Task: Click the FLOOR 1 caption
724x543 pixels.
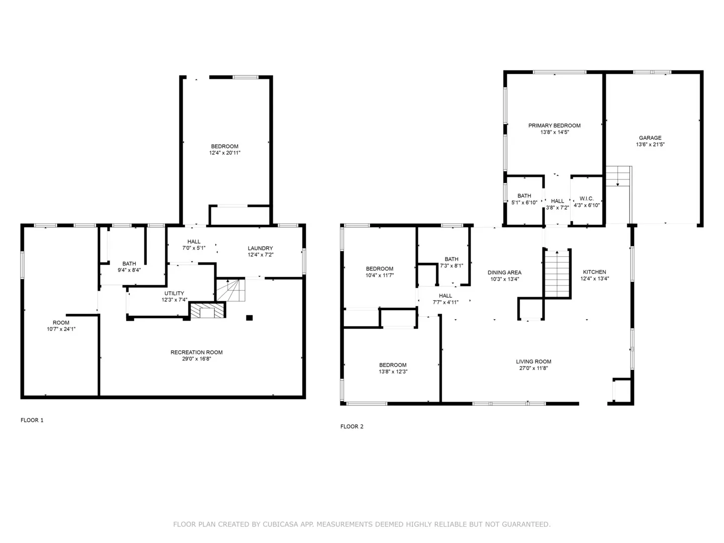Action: (32, 420)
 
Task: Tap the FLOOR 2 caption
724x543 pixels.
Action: (352, 426)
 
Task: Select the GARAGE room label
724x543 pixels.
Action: (650, 138)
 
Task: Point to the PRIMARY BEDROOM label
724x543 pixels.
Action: (555, 126)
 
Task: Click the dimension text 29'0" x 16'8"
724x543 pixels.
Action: (197, 358)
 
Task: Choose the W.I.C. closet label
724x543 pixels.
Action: (586, 199)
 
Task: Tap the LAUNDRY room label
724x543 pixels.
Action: (260, 248)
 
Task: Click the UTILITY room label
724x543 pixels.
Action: (174, 294)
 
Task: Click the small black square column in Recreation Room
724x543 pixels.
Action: (249, 318)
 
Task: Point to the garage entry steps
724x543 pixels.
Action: (618, 176)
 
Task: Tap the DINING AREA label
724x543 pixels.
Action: (505, 273)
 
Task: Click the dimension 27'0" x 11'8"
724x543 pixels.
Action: (533, 368)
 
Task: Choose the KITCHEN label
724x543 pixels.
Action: (594, 272)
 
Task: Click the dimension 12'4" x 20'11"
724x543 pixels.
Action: (225, 153)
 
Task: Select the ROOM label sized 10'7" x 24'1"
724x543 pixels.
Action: (61, 323)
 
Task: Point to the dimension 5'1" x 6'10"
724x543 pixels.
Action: (524, 203)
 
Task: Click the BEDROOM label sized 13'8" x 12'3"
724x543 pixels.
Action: (393, 365)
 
